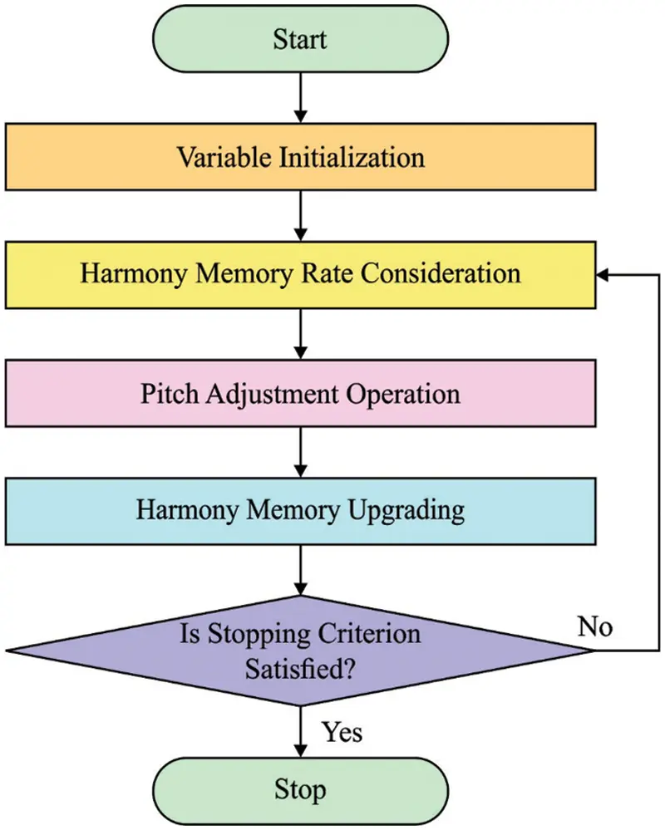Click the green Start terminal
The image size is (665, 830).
(300, 39)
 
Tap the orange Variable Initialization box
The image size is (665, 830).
(300, 157)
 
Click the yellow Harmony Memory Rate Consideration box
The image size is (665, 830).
(300, 274)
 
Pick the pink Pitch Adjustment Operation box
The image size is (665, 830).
(300, 392)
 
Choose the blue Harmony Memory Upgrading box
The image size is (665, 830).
(300, 510)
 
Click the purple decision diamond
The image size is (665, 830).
(300, 650)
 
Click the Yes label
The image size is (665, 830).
(342, 732)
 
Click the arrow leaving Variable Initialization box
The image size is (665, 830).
(300, 217)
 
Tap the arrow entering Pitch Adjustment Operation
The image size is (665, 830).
(300, 335)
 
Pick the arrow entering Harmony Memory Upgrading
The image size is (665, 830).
(300, 453)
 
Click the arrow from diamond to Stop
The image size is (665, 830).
(300, 731)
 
